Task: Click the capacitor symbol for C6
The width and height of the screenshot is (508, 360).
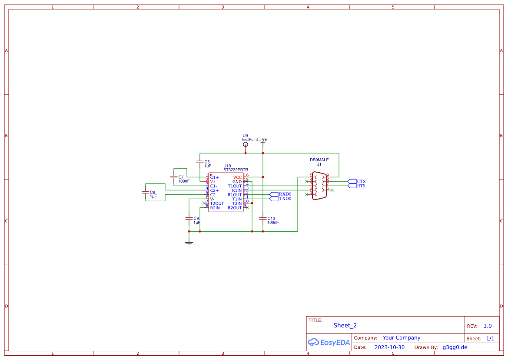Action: (x=200, y=161)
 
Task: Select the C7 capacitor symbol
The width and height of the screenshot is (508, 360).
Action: (x=174, y=177)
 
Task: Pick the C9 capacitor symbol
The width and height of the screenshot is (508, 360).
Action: (x=189, y=218)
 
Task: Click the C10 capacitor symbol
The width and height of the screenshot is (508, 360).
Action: (x=263, y=218)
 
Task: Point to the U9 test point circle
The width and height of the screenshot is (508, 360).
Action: (x=246, y=144)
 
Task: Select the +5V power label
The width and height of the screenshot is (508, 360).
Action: (x=263, y=140)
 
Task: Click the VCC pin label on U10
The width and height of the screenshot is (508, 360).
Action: (x=237, y=177)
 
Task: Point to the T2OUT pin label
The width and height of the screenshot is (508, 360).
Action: (x=217, y=203)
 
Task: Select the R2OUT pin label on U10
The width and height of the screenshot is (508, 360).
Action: (x=235, y=208)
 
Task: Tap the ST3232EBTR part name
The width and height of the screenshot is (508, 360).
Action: (x=236, y=170)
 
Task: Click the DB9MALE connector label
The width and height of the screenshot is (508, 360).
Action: (x=319, y=160)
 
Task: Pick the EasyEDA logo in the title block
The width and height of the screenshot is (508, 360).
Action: (x=329, y=342)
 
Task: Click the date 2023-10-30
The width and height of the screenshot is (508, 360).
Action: (x=389, y=347)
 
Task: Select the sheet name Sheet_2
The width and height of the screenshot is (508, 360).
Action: (x=345, y=325)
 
